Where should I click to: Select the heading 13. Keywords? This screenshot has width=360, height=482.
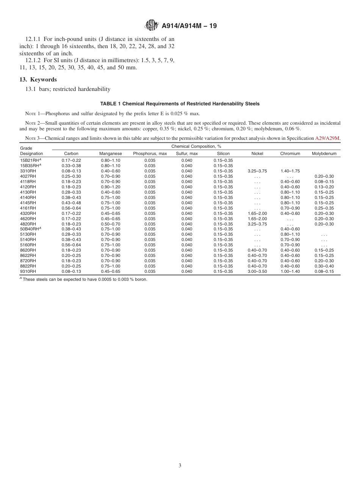point(38,80)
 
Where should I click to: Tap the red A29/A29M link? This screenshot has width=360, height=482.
point(327,138)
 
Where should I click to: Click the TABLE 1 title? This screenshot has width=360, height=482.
point(180,104)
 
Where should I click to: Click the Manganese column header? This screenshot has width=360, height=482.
point(110,153)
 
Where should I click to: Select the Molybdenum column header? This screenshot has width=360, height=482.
point(324,153)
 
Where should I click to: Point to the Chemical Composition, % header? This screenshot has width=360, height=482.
point(196,146)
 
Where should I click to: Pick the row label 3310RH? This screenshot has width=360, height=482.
point(28,171)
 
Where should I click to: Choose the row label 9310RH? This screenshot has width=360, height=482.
point(28,271)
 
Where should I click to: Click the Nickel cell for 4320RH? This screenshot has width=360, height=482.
point(257,213)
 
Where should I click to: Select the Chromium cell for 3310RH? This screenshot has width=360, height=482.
point(290,171)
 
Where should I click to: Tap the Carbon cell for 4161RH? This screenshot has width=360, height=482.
point(71,208)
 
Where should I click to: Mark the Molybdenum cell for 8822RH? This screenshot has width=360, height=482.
point(324,266)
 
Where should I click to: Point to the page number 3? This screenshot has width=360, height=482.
point(180,465)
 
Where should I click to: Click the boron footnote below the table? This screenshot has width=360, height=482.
point(83,279)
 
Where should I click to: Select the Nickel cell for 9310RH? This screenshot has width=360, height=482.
point(257,271)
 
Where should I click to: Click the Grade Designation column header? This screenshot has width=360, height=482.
point(31,151)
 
